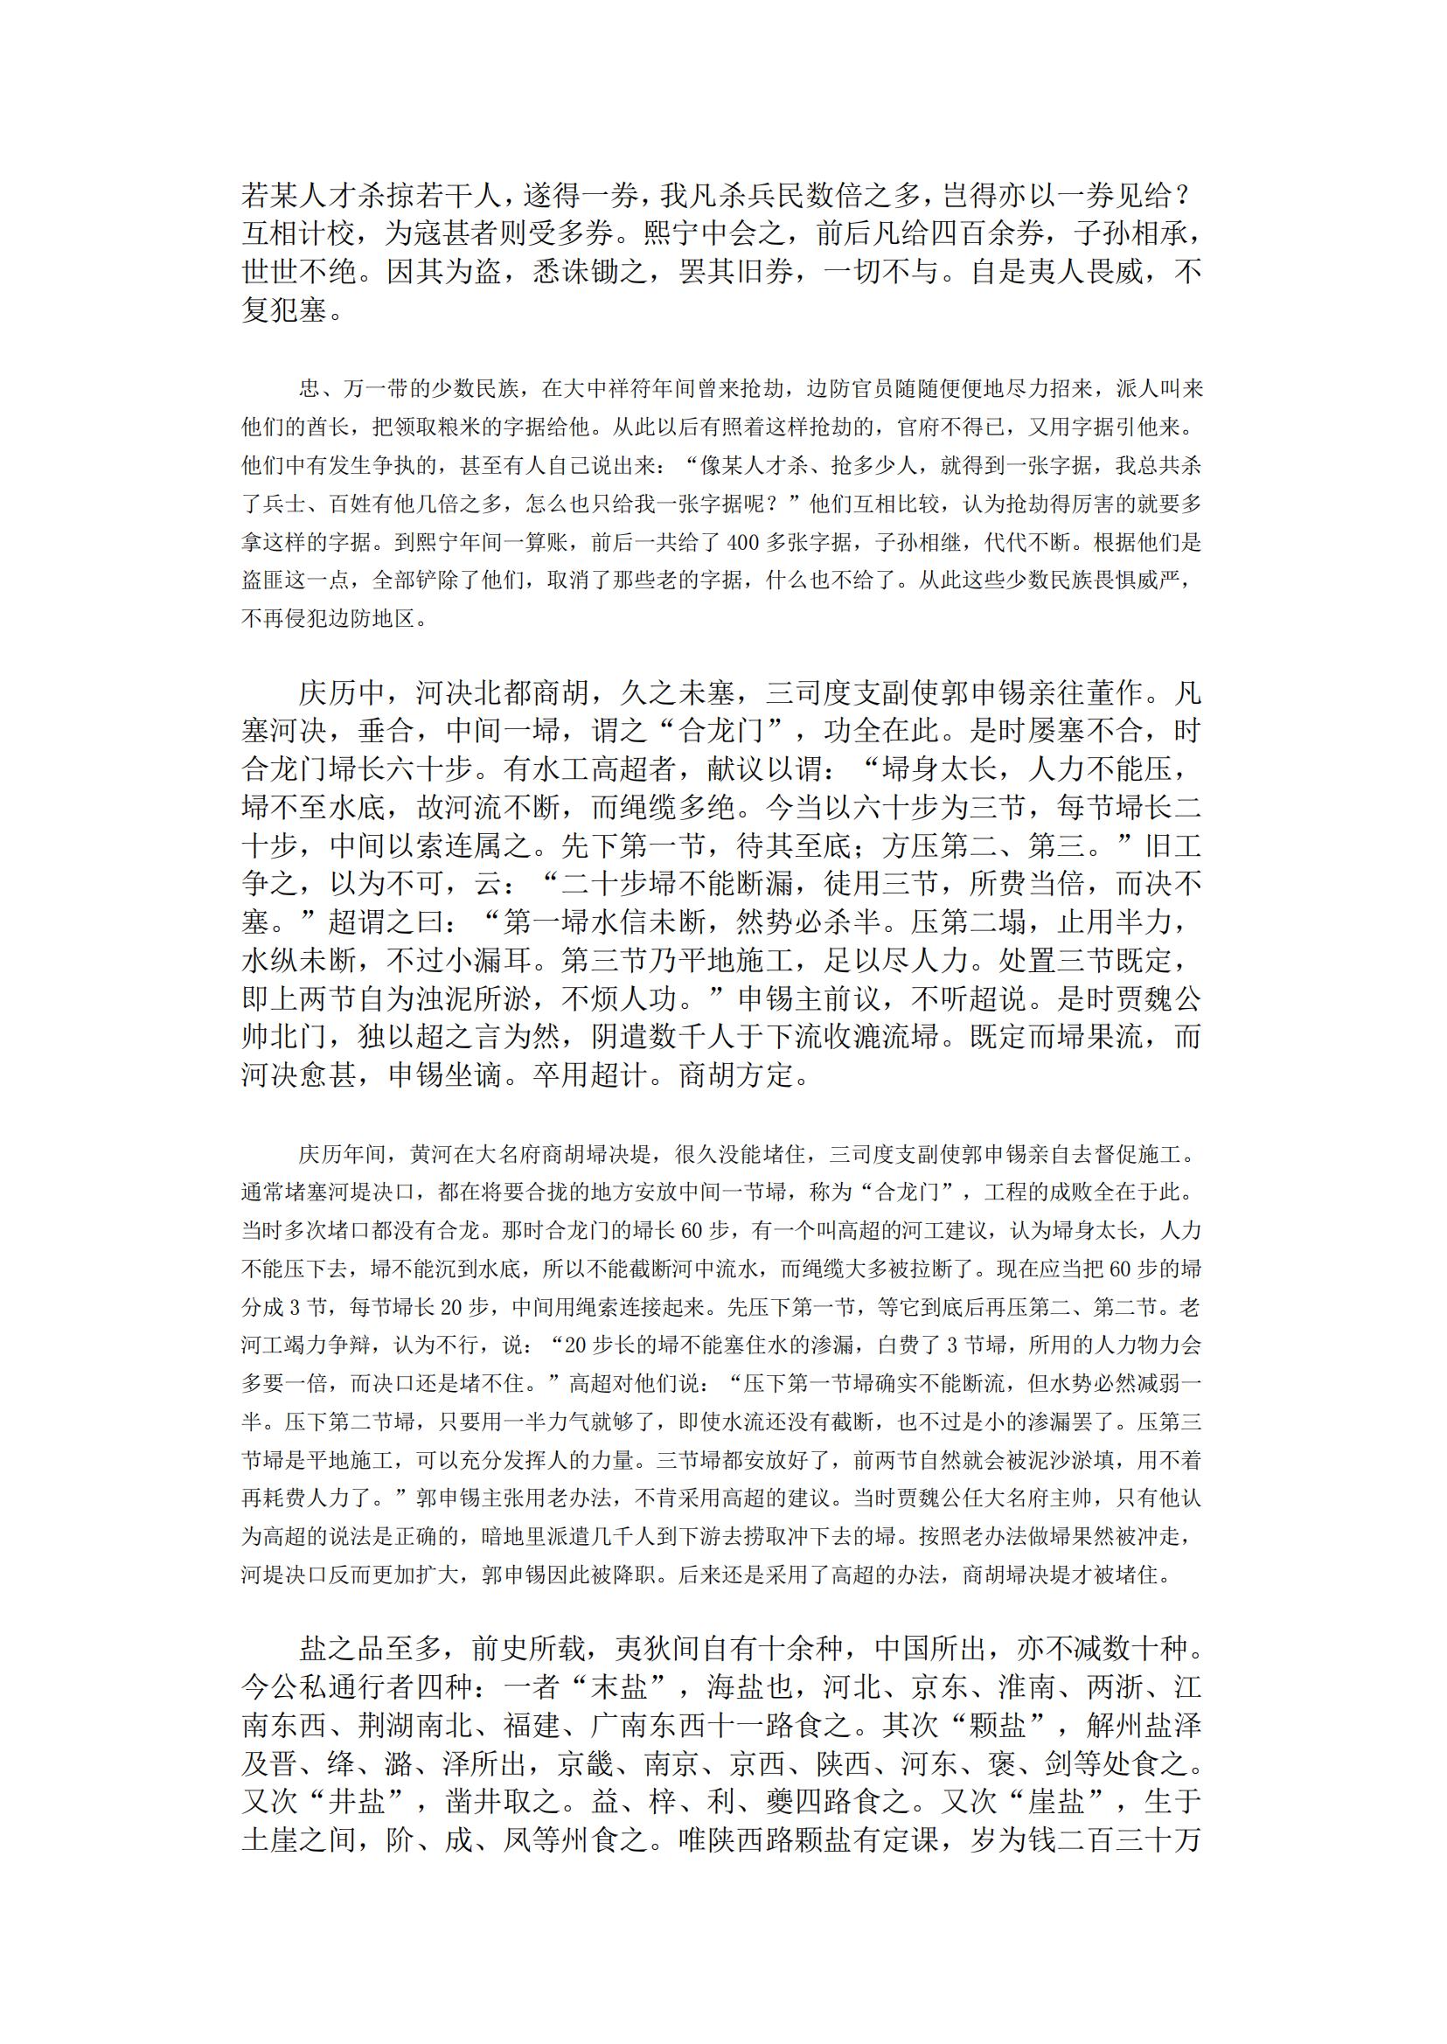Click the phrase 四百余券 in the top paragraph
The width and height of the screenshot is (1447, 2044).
987,234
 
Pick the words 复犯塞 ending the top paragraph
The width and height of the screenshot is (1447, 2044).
284,311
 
